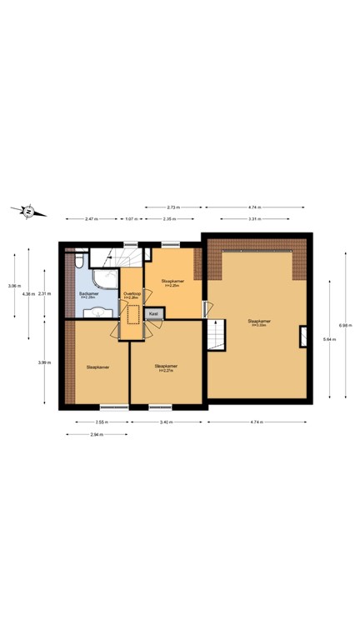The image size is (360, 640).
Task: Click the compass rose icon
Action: [x=28, y=211]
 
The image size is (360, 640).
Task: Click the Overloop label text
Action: [x=131, y=294]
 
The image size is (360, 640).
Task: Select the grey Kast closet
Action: [x=154, y=313]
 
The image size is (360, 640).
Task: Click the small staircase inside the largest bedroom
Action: [x=215, y=336]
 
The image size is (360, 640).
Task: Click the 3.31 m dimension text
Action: [x=257, y=218]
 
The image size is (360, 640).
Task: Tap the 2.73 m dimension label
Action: [x=173, y=207]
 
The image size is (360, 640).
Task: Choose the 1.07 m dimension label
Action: [x=130, y=218]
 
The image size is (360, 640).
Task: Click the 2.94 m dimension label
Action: [x=97, y=433]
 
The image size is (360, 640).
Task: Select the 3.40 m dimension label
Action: [x=166, y=422]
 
